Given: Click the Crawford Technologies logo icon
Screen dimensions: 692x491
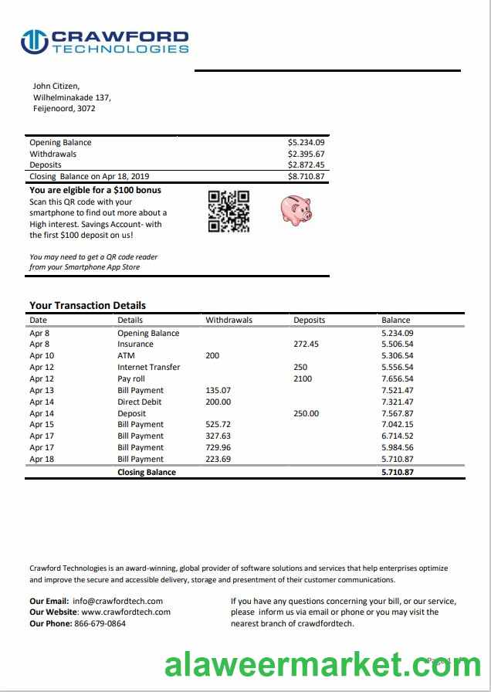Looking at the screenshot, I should [x=34, y=42].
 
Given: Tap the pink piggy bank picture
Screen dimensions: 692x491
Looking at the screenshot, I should [x=294, y=209].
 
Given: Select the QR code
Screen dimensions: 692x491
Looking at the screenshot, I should [x=229, y=211].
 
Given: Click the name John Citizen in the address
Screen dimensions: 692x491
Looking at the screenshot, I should [x=56, y=86].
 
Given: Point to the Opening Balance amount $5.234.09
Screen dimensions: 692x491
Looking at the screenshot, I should [x=306, y=142].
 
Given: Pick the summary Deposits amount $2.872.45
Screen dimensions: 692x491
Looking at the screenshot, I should [x=306, y=165].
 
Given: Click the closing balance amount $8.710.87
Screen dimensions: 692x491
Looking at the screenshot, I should [x=306, y=176].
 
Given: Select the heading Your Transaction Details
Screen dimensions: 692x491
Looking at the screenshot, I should [x=87, y=305].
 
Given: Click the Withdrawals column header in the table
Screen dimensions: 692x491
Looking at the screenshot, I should [x=229, y=320].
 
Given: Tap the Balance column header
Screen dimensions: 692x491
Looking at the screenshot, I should [x=395, y=320].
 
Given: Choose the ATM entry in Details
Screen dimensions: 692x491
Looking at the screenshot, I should [x=126, y=355].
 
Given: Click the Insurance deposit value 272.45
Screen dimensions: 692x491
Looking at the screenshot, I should [x=306, y=344].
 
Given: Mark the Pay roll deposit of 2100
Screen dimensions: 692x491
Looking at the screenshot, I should [x=302, y=378].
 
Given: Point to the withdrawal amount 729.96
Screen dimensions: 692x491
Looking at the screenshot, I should [x=218, y=447].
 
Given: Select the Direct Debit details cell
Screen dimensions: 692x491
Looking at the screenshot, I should [x=139, y=402].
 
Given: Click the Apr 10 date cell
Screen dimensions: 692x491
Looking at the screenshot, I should [x=42, y=355].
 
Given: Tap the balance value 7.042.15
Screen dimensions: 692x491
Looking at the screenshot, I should [x=397, y=424].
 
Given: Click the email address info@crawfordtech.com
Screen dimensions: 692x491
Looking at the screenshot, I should [x=117, y=601].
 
